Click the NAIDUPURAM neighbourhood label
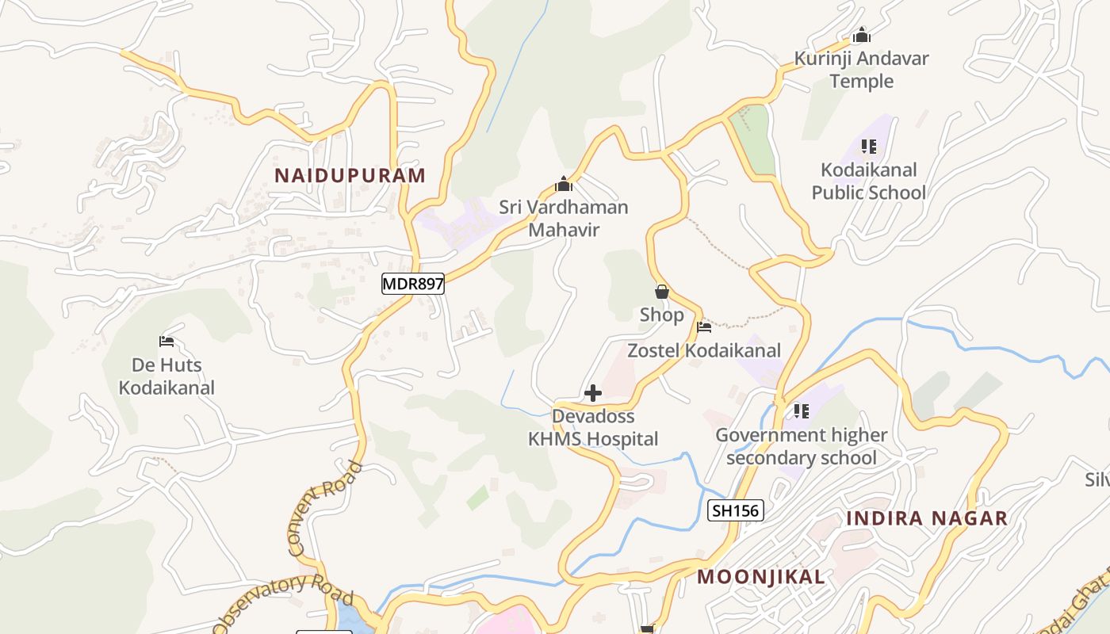click(x=350, y=175)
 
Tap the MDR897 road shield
click(x=413, y=284)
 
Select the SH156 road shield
click(x=735, y=510)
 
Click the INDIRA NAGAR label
click(x=927, y=518)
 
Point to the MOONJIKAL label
click(x=761, y=577)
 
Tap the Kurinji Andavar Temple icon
click(x=862, y=36)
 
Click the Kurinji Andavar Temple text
click(x=862, y=70)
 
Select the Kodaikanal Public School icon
click(x=869, y=147)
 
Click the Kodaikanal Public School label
click(x=869, y=181)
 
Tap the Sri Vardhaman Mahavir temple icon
click(x=564, y=185)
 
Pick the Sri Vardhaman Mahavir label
click(x=564, y=219)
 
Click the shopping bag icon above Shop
click(x=662, y=292)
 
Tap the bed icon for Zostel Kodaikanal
click(x=704, y=327)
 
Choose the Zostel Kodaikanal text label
click(x=704, y=350)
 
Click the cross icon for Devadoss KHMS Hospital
click(x=593, y=393)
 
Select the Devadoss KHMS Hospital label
click(x=593, y=427)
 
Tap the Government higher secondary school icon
click(x=802, y=411)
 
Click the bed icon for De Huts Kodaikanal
click(x=166, y=342)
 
